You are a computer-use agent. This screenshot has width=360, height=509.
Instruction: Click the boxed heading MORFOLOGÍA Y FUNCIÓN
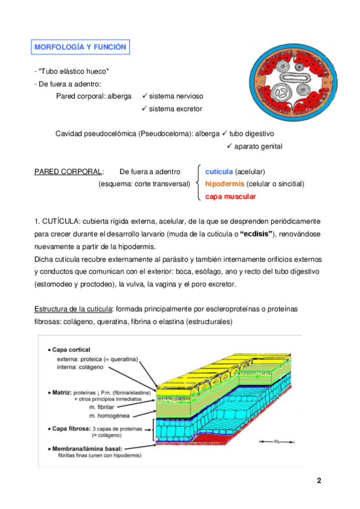tap(80, 47)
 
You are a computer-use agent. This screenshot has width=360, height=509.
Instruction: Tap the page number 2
tap(319, 481)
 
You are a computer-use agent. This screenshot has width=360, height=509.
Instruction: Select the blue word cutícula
tap(219, 172)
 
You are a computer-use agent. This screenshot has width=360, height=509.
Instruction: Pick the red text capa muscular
tap(230, 196)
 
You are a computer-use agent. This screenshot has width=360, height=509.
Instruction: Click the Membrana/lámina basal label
tap(88, 448)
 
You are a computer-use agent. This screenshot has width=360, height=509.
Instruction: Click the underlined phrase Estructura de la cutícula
tap(74, 309)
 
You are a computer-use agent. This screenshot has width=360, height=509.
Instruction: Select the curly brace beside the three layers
tap(198, 184)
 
